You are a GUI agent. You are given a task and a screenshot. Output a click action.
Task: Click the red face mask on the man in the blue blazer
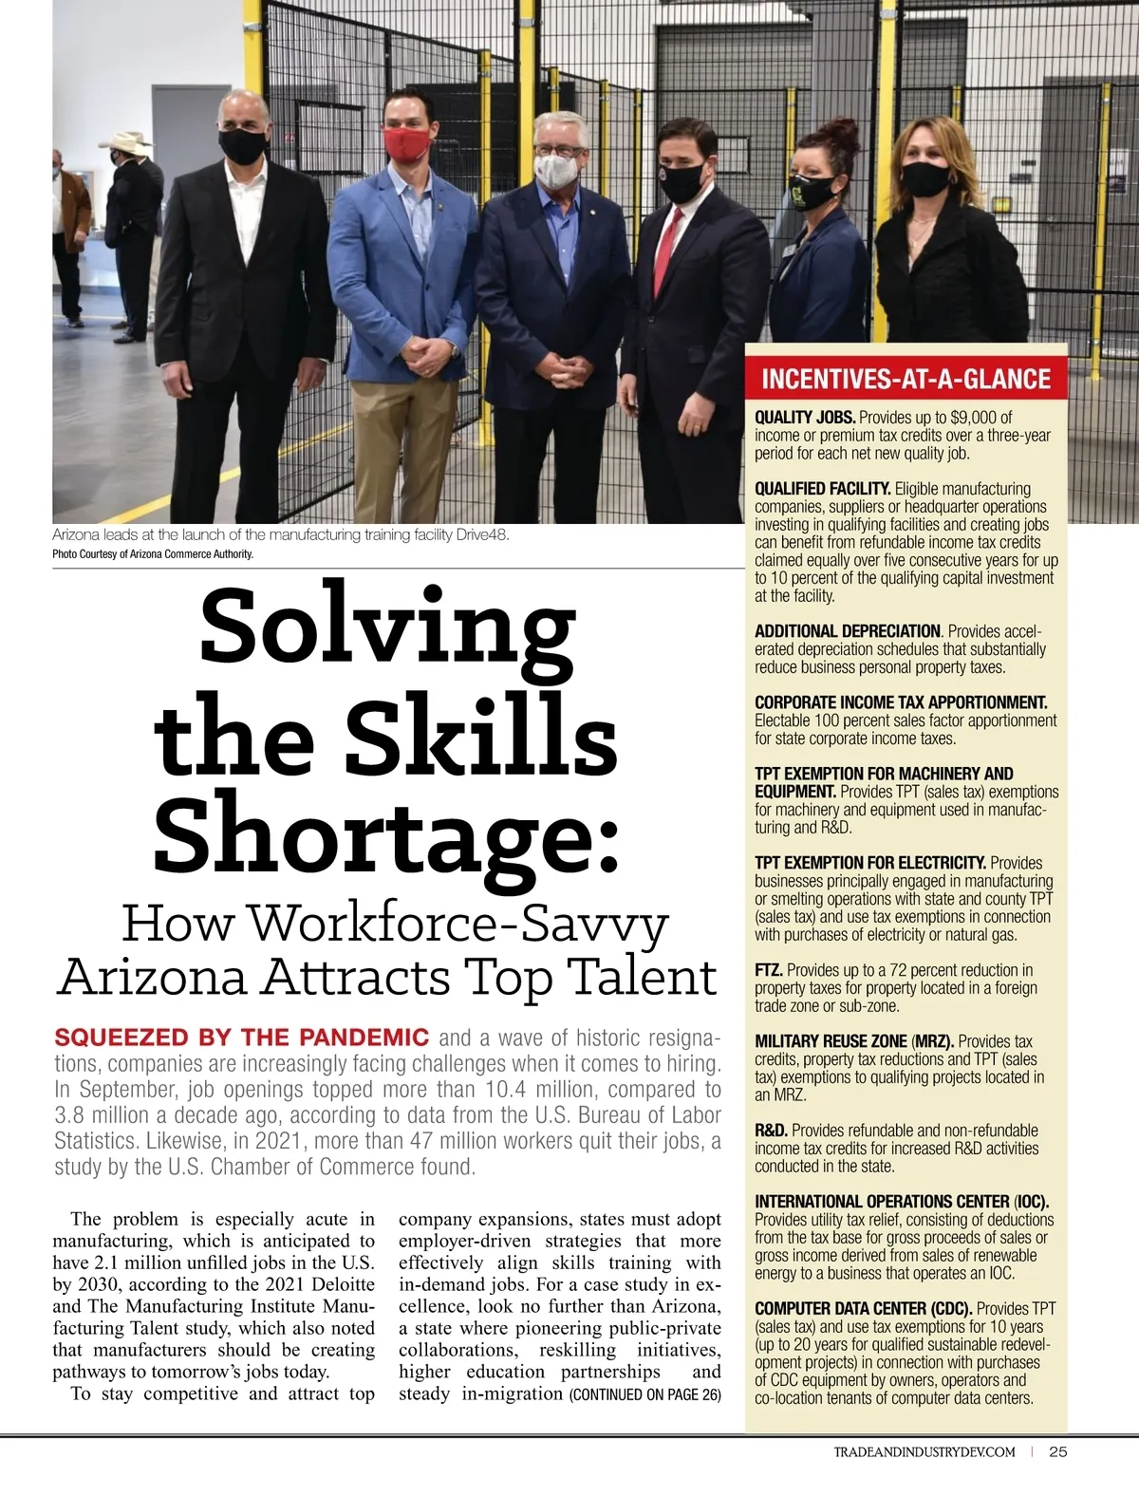tap(407, 145)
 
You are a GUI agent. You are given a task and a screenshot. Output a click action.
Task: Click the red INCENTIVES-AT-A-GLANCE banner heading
tap(906, 380)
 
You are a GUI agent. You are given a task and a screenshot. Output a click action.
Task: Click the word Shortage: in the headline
tap(386, 832)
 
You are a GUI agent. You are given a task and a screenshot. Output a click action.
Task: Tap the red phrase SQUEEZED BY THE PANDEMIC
tap(241, 1037)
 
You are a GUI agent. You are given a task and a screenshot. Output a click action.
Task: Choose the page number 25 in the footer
tap(1058, 1451)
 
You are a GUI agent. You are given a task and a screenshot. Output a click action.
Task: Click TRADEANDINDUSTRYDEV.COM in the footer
tap(924, 1452)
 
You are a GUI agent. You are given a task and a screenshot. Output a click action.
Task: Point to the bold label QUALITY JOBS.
tap(805, 417)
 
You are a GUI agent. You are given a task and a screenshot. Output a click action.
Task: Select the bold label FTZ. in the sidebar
tap(769, 970)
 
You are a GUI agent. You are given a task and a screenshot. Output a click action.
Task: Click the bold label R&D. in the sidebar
tap(771, 1131)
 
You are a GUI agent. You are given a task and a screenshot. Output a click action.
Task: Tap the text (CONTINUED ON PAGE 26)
tap(644, 1394)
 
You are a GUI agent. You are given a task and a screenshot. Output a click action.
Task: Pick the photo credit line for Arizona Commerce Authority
tap(153, 554)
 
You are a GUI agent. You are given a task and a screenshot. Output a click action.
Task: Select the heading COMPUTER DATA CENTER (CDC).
tap(863, 1309)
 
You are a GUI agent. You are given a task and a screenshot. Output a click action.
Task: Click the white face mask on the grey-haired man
tap(556, 171)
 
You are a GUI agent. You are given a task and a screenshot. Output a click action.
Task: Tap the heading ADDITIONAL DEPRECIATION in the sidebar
tap(847, 631)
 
